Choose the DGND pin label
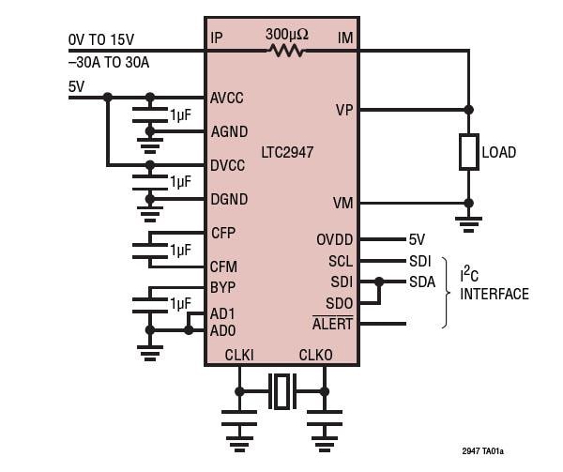coord(230,199)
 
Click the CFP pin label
coord(223,233)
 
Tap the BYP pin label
coord(222,287)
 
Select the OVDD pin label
coord(335,240)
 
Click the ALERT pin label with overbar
coord(332,325)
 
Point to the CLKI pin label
coord(239,355)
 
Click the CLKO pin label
coord(315,355)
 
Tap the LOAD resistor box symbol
coord(468,152)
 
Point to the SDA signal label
coord(421,282)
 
